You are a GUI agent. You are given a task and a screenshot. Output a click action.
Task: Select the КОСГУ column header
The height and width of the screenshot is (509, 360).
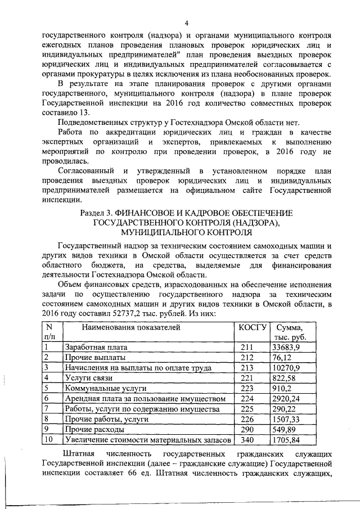click(251, 326)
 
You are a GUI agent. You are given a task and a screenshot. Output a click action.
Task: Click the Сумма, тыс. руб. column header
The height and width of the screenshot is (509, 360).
click(289, 331)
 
